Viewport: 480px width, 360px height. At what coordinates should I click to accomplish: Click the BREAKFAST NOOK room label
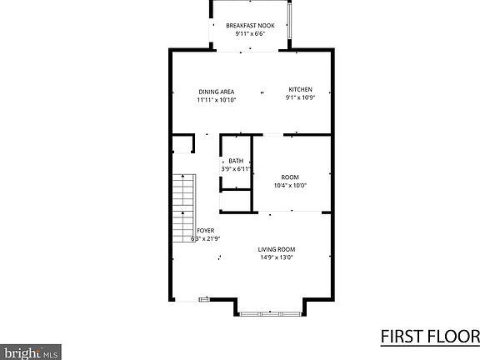tap(250, 26)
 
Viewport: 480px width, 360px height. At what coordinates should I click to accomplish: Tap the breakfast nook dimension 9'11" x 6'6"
tap(250, 35)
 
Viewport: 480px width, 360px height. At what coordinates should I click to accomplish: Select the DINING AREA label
tap(216, 92)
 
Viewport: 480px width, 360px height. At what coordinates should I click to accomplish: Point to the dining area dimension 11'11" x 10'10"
tap(216, 100)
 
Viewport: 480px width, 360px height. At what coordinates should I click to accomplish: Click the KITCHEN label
tap(300, 90)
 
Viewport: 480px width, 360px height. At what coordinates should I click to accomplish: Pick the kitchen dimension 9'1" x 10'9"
tap(300, 98)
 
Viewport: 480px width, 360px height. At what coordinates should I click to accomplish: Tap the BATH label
tap(236, 161)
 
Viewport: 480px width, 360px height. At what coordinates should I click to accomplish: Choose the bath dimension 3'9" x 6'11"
tap(236, 169)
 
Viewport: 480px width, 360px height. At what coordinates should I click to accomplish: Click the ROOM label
tap(289, 177)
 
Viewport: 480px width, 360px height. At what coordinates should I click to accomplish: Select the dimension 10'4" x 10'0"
tap(289, 185)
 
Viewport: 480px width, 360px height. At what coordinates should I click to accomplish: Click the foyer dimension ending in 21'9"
tap(205, 239)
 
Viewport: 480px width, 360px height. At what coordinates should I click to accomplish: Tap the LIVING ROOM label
tap(276, 249)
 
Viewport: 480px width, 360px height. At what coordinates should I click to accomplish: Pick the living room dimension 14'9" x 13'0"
tap(276, 257)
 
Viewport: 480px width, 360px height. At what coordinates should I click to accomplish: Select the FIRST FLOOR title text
tap(429, 337)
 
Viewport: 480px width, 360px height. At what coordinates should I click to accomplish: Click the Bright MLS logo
tap(30, 351)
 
